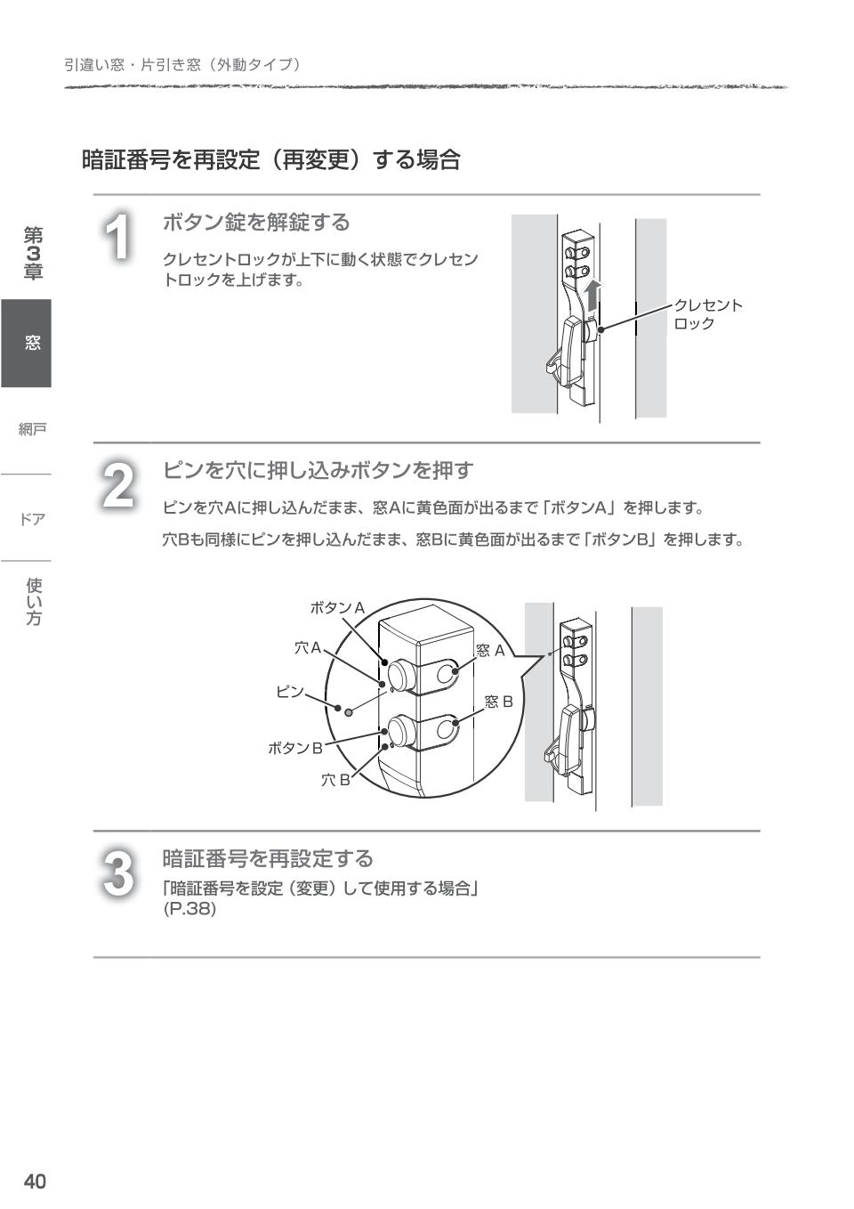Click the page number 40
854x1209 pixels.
coord(35,1181)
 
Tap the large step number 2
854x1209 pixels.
coord(118,486)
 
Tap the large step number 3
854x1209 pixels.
coord(118,873)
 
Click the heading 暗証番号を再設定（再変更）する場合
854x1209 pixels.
coord(271,160)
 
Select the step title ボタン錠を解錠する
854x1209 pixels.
coord(256,223)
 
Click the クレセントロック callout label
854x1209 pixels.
coord(707,314)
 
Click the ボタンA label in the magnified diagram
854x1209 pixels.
coord(337,608)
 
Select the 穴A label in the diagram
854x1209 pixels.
coord(308,648)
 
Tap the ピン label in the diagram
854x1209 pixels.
coord(290,692)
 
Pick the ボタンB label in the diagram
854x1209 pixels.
coord(295,748)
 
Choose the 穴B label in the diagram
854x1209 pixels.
coord(335,781)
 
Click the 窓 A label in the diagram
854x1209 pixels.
coord(490,651)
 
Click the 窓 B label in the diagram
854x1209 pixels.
coord(499,702)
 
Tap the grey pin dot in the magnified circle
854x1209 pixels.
coord(349,712)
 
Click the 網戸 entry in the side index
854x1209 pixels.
coord(32,430)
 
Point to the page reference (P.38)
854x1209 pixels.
coord(189,910)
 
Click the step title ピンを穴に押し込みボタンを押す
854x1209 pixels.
coord(318,470)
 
